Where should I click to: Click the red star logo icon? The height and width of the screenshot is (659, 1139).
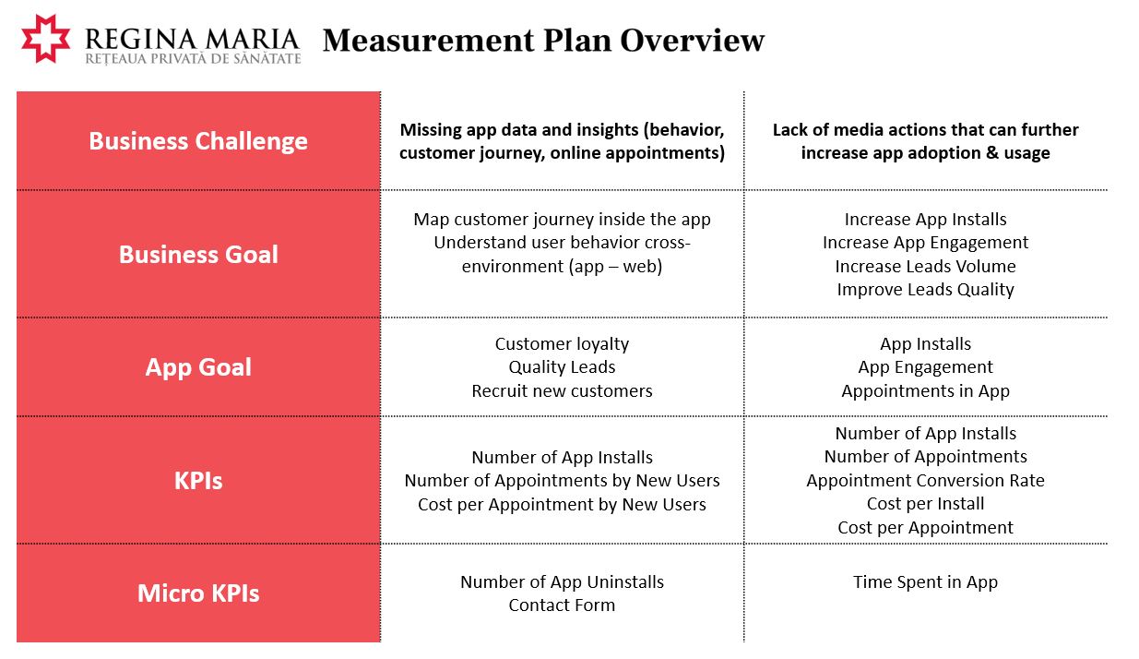(x=45, y=39)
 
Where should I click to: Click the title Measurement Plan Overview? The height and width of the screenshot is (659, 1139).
(x=543, y=41)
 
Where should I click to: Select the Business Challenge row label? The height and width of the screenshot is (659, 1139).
(x=198, y=141)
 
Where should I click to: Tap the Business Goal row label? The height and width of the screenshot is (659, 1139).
(x=198, y=255)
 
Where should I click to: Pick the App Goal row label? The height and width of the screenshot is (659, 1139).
(x=198, y=367)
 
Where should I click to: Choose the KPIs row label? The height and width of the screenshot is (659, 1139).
(x=198, y=481)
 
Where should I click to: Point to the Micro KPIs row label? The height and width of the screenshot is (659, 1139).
(x=198, y=593)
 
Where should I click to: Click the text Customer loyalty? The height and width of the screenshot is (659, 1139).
(x=562, y=344)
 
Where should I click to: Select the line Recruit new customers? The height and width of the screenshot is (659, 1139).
(x=562, y=390)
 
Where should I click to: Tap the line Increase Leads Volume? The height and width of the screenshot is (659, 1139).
(x=925, y=266)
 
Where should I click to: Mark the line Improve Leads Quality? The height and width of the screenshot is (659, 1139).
(x=925, y=290)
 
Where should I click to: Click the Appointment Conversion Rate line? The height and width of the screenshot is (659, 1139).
(x=925, y=480)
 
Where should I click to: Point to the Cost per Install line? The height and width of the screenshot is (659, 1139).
(x=925, y=504)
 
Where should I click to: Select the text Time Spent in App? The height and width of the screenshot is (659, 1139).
(x=925, y=582)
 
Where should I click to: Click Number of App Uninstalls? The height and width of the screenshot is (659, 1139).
(x=562, y=582)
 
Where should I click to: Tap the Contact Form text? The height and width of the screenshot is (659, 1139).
(x=562, y=605)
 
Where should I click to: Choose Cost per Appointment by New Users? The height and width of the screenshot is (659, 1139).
(x=562, y=505)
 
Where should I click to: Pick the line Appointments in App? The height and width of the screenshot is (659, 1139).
(x=925, y=391)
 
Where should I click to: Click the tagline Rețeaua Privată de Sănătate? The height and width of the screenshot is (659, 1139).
(x=194, y=59)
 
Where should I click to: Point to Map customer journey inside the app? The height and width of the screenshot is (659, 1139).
(x=562, y=220)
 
